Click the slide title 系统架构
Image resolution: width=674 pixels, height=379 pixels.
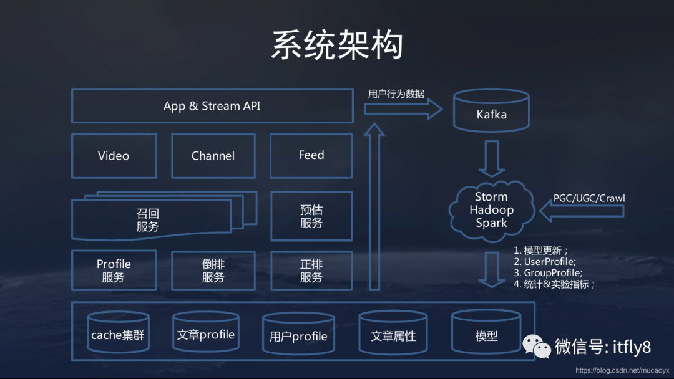(x=337, y=45)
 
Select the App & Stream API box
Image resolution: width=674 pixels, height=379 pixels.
(x=212, y=106)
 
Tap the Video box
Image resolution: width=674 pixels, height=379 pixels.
(x=114, y=155)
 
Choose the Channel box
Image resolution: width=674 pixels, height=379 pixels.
(x=213, y=155)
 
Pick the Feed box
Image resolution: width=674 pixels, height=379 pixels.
(x=311, y=155)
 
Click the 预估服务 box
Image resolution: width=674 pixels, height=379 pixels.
(x=311, y=216)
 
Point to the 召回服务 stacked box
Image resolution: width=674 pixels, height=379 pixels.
(x=148, y=220)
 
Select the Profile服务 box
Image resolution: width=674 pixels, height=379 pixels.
(x=114, y=271)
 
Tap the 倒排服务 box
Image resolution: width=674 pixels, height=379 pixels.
(x=213, y=271)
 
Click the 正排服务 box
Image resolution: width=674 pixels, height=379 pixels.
(x=311, y=271)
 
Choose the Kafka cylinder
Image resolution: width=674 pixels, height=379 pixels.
(x=491, y=113)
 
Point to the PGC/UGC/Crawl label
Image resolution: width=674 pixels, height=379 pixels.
(x=589, y=198)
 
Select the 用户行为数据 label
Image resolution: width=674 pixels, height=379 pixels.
(x=396, y=94)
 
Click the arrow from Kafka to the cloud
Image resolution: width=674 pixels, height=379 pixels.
(x=491, y=158)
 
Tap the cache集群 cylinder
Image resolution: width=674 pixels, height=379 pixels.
(x=118, y=334)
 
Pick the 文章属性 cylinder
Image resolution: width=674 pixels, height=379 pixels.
(x=393, y=335)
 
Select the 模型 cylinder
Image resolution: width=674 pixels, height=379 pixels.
(x=486, y=335)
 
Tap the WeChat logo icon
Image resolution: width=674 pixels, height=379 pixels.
(x=537, y=345)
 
